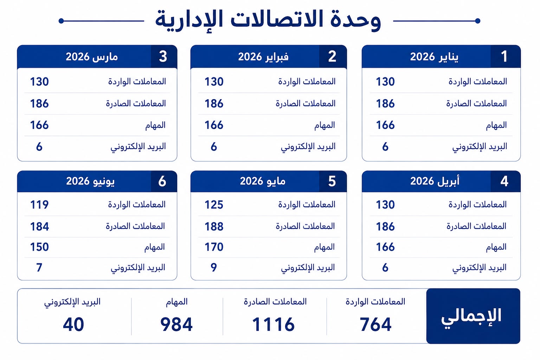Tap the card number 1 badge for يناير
point(505,56)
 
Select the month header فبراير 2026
point(263,57)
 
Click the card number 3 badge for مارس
point(164,56)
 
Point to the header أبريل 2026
point(435,181)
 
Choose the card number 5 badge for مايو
point(333,181)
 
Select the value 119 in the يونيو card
point(39,205)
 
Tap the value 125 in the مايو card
point(214,205)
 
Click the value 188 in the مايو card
point(214,226)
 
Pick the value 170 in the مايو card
point(214,247)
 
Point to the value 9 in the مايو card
point(214,268)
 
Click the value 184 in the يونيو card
point(39,226)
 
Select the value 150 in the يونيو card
point(39,247)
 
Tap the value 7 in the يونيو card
point(39,268)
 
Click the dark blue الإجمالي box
point(473,316)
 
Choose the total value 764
point(375,324)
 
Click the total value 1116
point(273,324)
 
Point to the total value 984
point(176,324)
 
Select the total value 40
point(73,324)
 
